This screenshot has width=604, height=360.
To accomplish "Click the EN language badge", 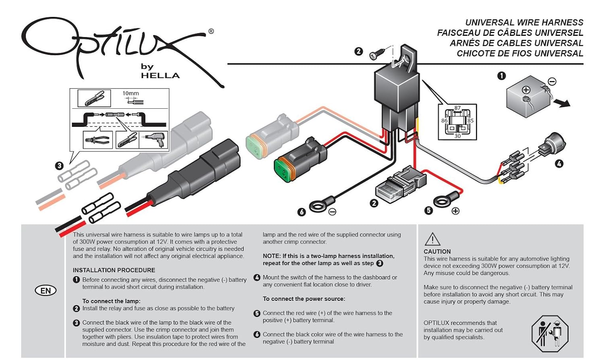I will (x=46, y=291).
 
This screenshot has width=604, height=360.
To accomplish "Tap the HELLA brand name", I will (x=160, y=76).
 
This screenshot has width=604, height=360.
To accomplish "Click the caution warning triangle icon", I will (x=432, y=239).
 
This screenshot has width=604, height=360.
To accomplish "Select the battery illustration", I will (x=527, y=97).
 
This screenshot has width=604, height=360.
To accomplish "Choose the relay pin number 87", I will (x=457, y=108).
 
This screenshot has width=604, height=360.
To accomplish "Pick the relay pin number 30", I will (x=457, y=136).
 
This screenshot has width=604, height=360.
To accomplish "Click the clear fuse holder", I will (x=400, y=184).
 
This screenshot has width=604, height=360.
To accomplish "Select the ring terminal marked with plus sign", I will (x=445, y=200).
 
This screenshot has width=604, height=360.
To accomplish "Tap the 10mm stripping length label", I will (x=130, y=93).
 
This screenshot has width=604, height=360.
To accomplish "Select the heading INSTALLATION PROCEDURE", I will (x=114, y=270).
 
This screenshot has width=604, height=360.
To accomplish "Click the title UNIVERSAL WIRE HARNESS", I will (x=524, y=23).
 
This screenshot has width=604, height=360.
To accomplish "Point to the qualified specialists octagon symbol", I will (x=550, y=334).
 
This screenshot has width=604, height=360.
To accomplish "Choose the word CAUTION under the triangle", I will (x=437, y=252).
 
